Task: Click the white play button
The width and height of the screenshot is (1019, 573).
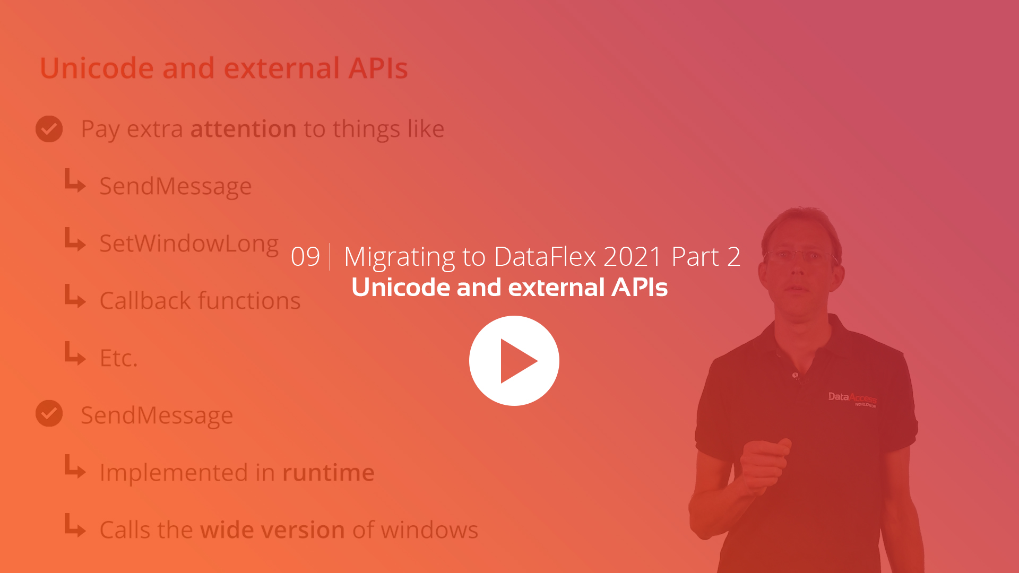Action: (x=514, y=361)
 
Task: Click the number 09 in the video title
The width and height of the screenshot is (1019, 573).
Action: (x=305, y=257)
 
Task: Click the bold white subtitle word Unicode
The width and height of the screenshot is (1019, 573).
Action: (x=401, y=288)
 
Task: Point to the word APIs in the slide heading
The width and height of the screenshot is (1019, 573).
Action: (x=378, y=68)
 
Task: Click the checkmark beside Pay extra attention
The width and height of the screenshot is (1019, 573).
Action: (x=49, y=129)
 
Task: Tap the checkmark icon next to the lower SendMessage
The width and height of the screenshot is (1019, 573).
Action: (x=49, y=413)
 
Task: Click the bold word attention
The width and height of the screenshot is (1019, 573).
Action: (x=243, y=129)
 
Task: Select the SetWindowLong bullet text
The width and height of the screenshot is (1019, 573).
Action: (x=189, y=244)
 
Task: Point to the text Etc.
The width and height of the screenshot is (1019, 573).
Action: (x=118, y=358)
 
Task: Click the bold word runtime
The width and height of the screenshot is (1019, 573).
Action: (x=328, y=473)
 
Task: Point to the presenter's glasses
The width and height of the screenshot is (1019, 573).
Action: (x=801, y=256)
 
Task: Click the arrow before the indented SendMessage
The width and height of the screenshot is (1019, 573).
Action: (x=75, y=181)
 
